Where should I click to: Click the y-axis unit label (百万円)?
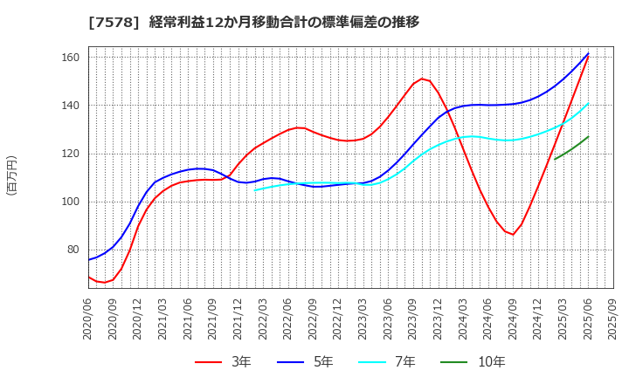coord(11,175)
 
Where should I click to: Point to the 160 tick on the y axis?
coord(70,58)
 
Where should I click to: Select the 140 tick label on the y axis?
coord(70,106)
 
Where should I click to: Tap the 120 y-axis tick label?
coord(70,154)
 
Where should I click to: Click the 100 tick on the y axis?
coord(70,202)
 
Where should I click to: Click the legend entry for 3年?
coord(226,362)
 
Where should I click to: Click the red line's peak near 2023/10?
coord(422,79)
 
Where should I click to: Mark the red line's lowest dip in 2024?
coord(513,235)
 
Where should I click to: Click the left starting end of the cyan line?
coord(255,189)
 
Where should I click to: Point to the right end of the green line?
coord(588,136)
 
